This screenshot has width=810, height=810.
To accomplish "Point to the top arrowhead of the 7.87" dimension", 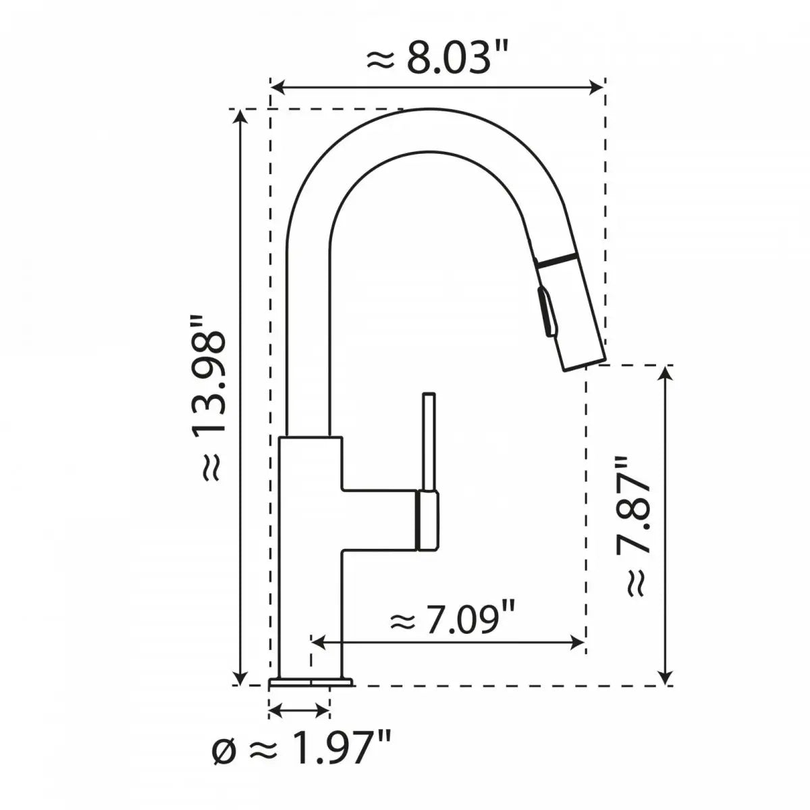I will [667, 373].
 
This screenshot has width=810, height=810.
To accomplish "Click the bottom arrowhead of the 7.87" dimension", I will [667, 678].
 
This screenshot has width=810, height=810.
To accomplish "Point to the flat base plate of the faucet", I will [310, 682].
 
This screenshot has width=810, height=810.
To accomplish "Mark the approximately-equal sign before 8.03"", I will [379, 61].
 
